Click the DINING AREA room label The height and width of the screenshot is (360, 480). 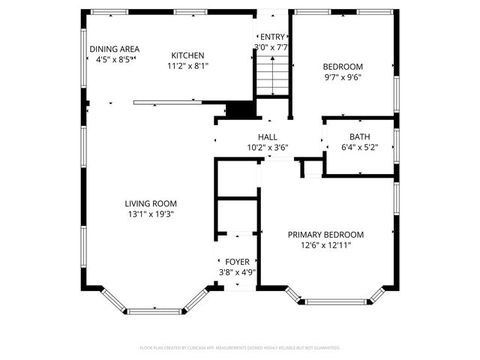[x=114, y=49]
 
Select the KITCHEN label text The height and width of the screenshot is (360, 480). [x=187, y=55]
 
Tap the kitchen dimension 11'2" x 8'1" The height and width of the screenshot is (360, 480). [x=187, y=65]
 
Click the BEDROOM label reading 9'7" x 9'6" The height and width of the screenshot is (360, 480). [x=342, y=66]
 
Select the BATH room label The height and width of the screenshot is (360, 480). [x=359, y=136]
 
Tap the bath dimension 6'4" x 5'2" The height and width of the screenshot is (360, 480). [x=359, y=147]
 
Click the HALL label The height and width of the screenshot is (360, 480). [x=268, y=137]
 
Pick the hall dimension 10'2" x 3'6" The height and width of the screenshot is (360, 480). [x=268, y=148]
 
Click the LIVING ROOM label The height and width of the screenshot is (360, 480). [x=151, y=203]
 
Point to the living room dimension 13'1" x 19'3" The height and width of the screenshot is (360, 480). [x=151, y=214]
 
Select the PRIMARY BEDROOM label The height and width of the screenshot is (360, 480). [x=326, y=234]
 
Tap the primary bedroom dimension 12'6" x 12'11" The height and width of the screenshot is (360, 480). [x=326, y=244]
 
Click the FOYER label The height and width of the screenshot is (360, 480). [x=237, y=262]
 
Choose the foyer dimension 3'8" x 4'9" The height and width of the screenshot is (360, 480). [x=237, y=272]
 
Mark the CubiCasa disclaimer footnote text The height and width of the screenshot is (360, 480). [x=240, y=347]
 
